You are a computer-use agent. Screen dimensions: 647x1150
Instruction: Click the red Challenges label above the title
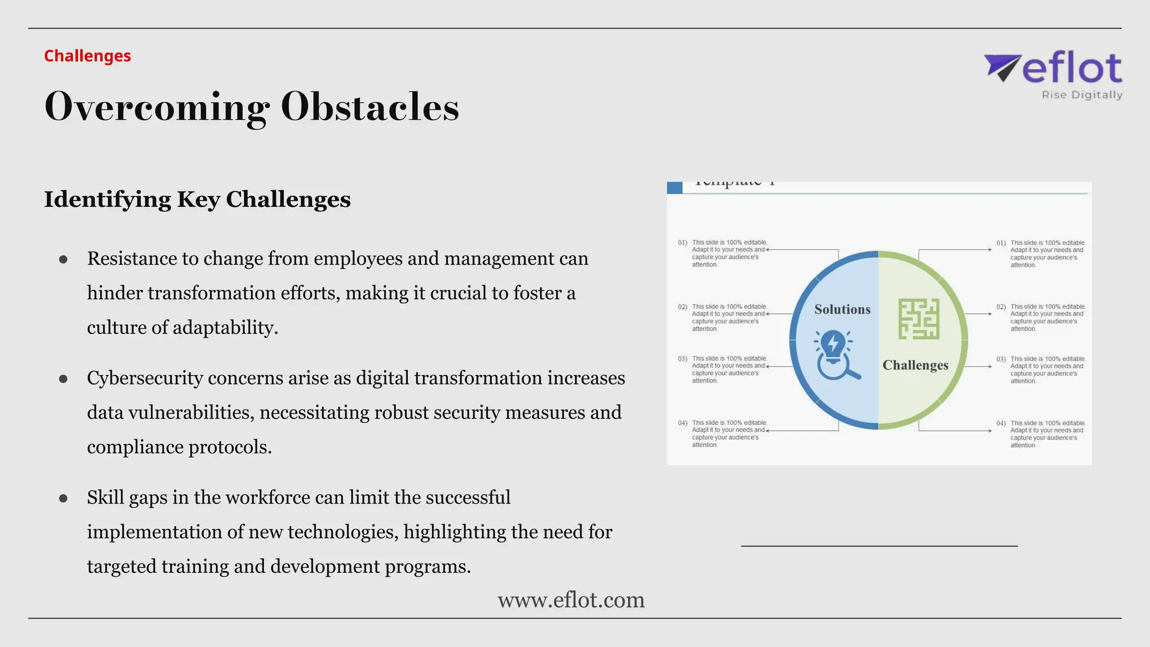point(88,56)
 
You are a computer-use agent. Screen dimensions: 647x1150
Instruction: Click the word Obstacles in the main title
point(369,106)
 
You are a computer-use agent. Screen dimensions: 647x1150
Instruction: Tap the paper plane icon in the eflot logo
point(1002,67)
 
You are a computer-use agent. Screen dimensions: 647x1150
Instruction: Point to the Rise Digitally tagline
point(1081,95)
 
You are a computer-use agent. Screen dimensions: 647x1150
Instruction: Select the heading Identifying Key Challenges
point(197,199)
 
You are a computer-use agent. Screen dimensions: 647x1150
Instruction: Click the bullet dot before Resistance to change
point(63,259)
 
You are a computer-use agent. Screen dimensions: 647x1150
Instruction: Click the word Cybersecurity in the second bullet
point(145,378)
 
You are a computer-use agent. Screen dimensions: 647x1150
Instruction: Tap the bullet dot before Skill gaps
point(63,498)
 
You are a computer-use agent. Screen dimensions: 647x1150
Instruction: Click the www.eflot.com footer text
point(571,600)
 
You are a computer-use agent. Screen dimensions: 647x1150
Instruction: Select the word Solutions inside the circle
point(842,309)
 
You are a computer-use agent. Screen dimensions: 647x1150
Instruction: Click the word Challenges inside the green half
point(915,365)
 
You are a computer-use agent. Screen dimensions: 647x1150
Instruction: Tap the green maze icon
point(919,318)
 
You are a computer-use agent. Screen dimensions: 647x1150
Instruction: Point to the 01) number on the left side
point(682,243)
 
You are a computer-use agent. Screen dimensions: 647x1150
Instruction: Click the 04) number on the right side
point(1001,423)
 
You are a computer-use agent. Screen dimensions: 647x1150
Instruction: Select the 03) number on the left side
point(682,358)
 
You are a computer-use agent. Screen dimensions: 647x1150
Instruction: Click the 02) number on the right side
point(1001,307)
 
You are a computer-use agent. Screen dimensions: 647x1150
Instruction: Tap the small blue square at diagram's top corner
point(674,188)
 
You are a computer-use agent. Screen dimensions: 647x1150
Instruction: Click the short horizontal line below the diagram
point(879,545)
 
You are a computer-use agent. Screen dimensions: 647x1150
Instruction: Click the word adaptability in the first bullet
point(225,327)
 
